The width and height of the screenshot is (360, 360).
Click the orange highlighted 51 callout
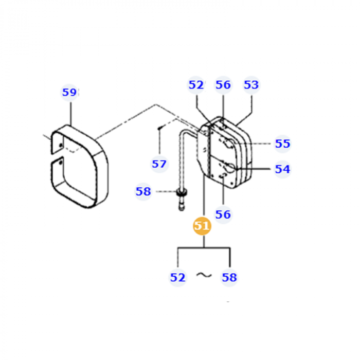(202, 226)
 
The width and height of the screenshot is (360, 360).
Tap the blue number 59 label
(69, 93)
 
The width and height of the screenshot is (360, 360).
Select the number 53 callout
(251, 85)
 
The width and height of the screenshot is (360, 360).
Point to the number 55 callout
(282, 144)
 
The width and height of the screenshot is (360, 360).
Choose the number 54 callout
(282, 169)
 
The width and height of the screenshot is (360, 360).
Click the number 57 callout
(159, 164)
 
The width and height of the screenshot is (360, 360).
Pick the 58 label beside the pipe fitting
(143, 192)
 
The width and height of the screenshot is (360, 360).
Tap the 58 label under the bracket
(229, 277)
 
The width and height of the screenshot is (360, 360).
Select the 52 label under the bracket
(177, 277)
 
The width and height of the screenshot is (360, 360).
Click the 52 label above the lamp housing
(196, 85)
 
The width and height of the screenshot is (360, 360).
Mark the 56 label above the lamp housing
(223, 85)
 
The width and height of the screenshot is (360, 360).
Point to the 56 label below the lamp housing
(223, 214)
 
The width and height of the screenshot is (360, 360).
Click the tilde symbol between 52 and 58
(204, 276)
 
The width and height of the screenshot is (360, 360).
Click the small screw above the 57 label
(160, 126)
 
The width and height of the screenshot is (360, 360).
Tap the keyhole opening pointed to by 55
(226, 145)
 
